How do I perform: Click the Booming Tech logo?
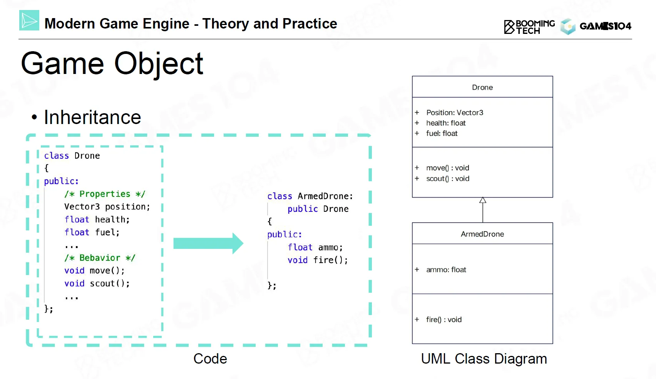tap(529, 27)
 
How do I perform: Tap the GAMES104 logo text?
tap(605, 26)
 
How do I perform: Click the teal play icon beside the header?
tap(29, 20)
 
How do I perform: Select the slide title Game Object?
tap(112, 64)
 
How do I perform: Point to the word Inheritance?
tap(92, 117)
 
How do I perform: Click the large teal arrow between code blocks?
tap(208, 243)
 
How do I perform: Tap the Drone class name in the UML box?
tap(482, 87)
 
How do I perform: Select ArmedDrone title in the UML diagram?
tap(482, 234)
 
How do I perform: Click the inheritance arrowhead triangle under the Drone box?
tap(483, 200)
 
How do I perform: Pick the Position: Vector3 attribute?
tap(454, 112)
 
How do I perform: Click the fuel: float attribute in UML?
tap(442, 133)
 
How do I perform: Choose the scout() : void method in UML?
tap(447, 179)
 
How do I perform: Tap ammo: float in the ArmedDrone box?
tap(446, 270)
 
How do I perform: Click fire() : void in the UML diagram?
tap(443, 320)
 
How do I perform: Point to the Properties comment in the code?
tap(105, 194)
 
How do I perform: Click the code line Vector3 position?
tap(107, 207)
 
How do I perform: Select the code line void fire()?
tap(318, 260)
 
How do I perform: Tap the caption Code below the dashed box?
tap(210, 359)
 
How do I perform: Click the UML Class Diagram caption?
tap(484, 359)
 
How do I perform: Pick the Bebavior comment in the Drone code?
tap(100, 258)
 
